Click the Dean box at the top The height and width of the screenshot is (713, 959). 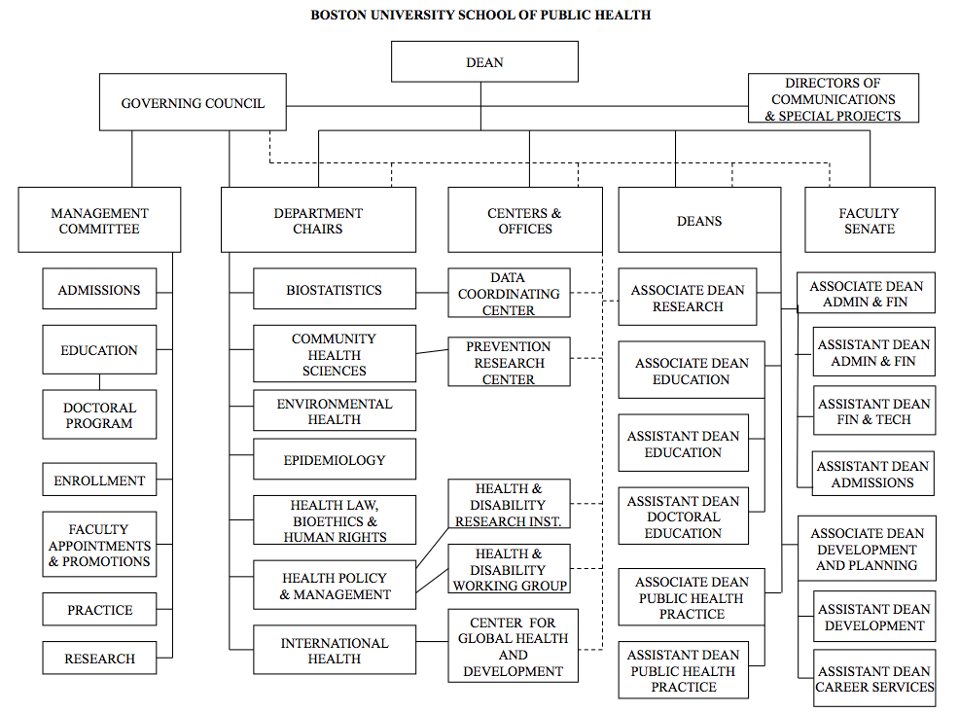tap(484, 62)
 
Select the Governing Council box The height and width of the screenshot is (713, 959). tap(193, 103)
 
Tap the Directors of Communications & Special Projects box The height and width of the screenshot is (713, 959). tap(834, 99)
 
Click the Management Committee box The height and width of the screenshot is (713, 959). tap(99, 221)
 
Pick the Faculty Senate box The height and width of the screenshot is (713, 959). tap(870, 221)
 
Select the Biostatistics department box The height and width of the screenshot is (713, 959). tap(334, 290)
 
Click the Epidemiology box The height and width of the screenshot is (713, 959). tap(334, 460)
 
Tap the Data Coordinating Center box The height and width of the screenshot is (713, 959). tap(509, 294)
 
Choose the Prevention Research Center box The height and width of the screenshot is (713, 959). tap(509, 363)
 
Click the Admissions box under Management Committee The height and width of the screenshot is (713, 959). tap(99, 290)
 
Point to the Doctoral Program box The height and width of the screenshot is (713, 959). tap(99, 415)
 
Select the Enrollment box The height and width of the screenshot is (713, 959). tap(99, 481)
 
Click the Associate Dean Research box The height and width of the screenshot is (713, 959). tap(688, 299)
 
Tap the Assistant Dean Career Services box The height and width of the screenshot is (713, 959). tap(874, 679)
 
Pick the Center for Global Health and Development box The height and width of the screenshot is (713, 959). tap(513, 647)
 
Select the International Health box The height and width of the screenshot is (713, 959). tap(334, 651)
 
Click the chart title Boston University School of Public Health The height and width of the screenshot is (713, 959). tap(480, 15)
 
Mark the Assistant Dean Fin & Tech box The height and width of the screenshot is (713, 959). tap(873, 411)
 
